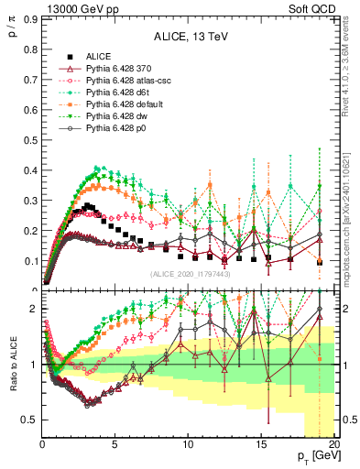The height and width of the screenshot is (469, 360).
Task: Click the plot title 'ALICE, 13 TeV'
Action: click(190, 37)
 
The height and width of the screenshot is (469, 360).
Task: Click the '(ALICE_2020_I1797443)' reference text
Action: click(190, 274)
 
